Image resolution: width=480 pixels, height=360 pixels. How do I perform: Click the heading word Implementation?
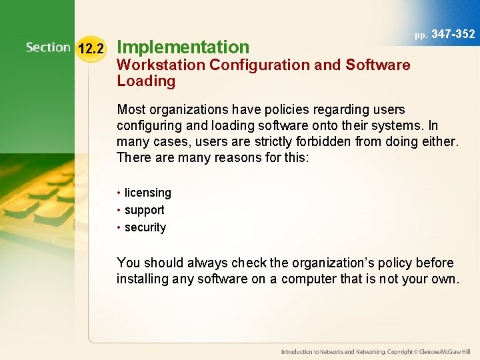(x=183, y=47)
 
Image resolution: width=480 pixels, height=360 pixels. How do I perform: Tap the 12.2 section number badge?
(x=91, y=49)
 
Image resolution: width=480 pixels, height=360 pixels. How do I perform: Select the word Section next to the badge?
(x=48, y=47)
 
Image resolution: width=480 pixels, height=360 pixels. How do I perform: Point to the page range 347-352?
(x=453, y=34)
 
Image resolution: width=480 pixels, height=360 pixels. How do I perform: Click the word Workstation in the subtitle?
(x=159, y=65)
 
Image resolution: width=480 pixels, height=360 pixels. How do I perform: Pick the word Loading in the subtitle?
(x=146, y=81)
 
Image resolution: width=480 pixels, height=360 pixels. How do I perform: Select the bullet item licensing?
(x=147, y=193)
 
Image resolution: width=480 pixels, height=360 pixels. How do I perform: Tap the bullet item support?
(x=144, y=210)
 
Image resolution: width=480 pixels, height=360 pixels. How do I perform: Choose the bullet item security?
(x=145, y=227)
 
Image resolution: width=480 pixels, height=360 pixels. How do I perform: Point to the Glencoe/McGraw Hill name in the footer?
(x=445, y=351)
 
